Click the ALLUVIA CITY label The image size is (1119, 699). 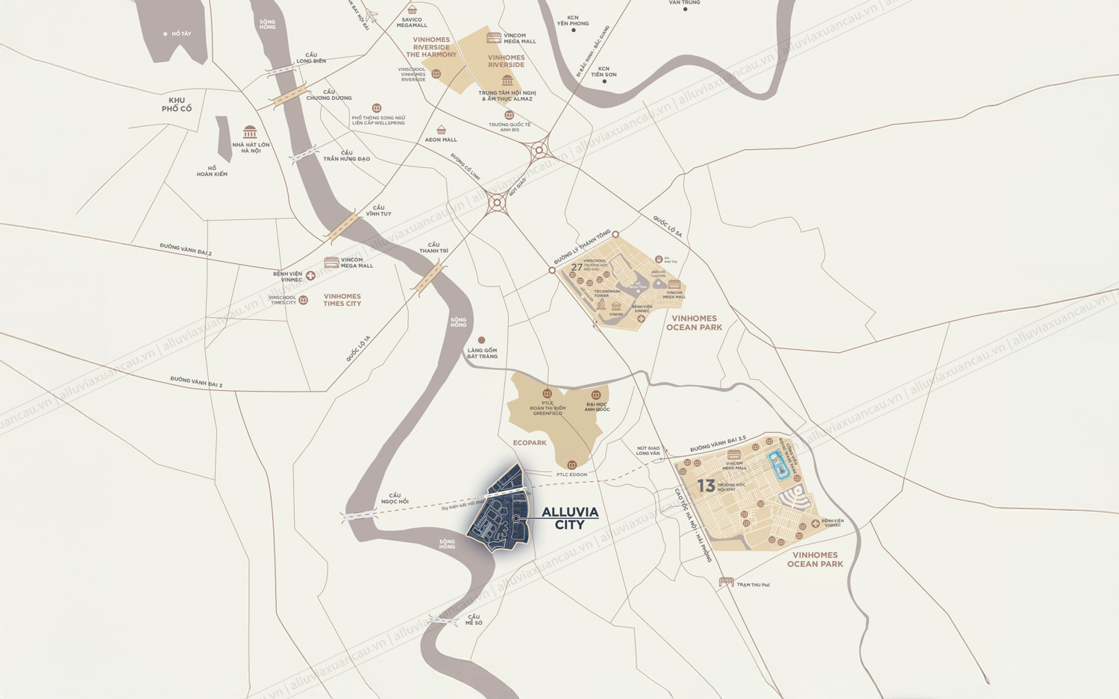point(570,518)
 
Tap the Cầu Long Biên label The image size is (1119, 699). point(311,58)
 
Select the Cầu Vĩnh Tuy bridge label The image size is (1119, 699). point(378,210)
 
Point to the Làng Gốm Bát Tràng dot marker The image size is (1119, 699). point(481,340)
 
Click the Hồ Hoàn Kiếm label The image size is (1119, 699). point(212,171)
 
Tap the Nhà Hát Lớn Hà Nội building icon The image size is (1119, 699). point(250,132)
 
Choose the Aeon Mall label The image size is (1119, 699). point(441,140)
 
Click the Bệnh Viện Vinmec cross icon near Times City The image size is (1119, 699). point(310,276)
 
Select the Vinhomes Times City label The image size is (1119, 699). point(342,300)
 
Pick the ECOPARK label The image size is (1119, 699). point(530,443)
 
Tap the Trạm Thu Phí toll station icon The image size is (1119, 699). point(726,582)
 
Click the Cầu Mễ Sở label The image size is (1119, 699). point(474,620)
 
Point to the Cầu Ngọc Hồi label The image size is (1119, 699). point(395,498)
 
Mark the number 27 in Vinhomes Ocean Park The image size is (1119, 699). point(577,267)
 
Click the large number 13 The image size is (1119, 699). point(706,486)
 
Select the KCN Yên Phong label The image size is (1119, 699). point(573,20)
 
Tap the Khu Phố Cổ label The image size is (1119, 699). point(177,104)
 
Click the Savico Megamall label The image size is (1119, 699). point(412,22)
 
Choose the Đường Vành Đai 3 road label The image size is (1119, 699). point(196,382)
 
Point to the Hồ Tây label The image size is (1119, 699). point(181,34)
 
